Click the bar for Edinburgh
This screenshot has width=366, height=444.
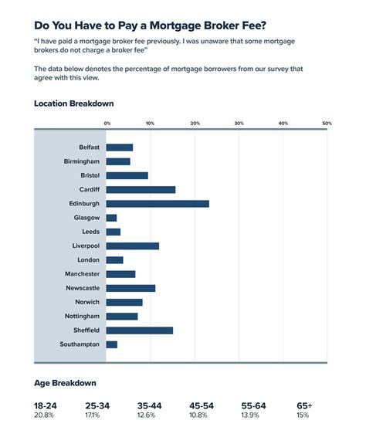click(x=158, y=204)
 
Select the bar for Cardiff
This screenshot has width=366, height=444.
click(x=141, y=189)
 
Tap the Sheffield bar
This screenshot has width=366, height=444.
click(x=140, y=330)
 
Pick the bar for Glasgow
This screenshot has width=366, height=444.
click(x=111, y=218)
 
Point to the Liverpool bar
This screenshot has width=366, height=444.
click(x=132, y=246)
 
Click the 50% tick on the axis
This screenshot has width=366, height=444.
click(x=327, y=123)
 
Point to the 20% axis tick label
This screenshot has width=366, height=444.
click(x=195, y=123)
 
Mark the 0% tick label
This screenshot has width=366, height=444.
click(x=107, y=123)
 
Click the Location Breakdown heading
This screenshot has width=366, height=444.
click(x=74, y=103)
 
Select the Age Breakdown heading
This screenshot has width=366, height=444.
click(x=65, y=383)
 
